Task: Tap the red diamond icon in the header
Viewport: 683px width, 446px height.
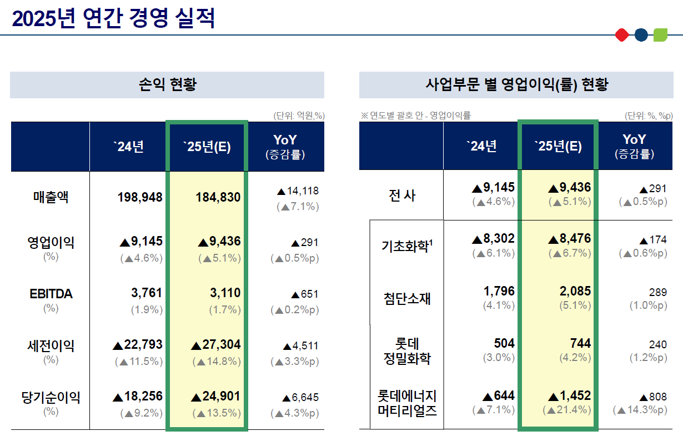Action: (x=622, y=35)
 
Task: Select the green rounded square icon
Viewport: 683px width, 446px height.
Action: (x=660, y=35)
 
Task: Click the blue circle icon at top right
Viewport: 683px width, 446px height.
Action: (x=641, y=35)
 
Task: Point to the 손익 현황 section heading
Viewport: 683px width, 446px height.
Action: (x=167, y=85)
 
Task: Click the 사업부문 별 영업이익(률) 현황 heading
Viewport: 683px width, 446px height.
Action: (x=517, y=85)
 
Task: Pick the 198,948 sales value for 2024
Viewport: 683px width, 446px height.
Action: (x=140, y=197)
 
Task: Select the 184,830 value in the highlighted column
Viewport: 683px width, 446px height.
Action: (x=218, y=197)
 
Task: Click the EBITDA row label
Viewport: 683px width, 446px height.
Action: (x=51, y=294)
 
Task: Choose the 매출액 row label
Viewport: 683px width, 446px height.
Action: (x=51, y=197)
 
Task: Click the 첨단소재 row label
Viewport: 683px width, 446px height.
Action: (x=407, y=299)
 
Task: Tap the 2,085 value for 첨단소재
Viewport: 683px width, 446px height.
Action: (x=576, y=291)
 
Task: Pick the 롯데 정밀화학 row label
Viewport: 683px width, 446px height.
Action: (x=407, y=351)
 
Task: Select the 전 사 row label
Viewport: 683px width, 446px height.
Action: (x=401, y=196)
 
